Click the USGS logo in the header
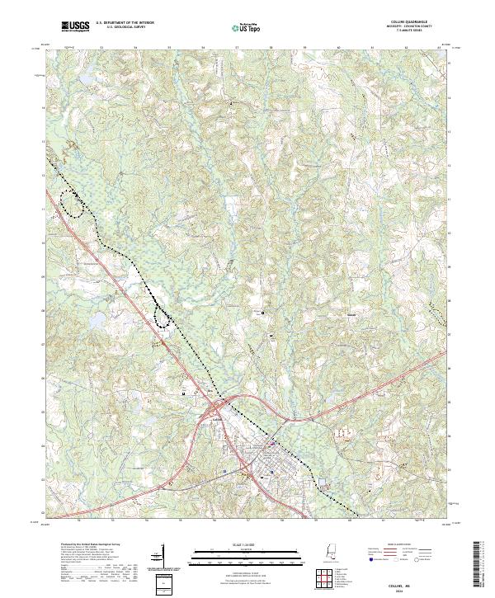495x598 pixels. pos(76,27)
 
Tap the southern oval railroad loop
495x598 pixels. pos(163,315)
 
